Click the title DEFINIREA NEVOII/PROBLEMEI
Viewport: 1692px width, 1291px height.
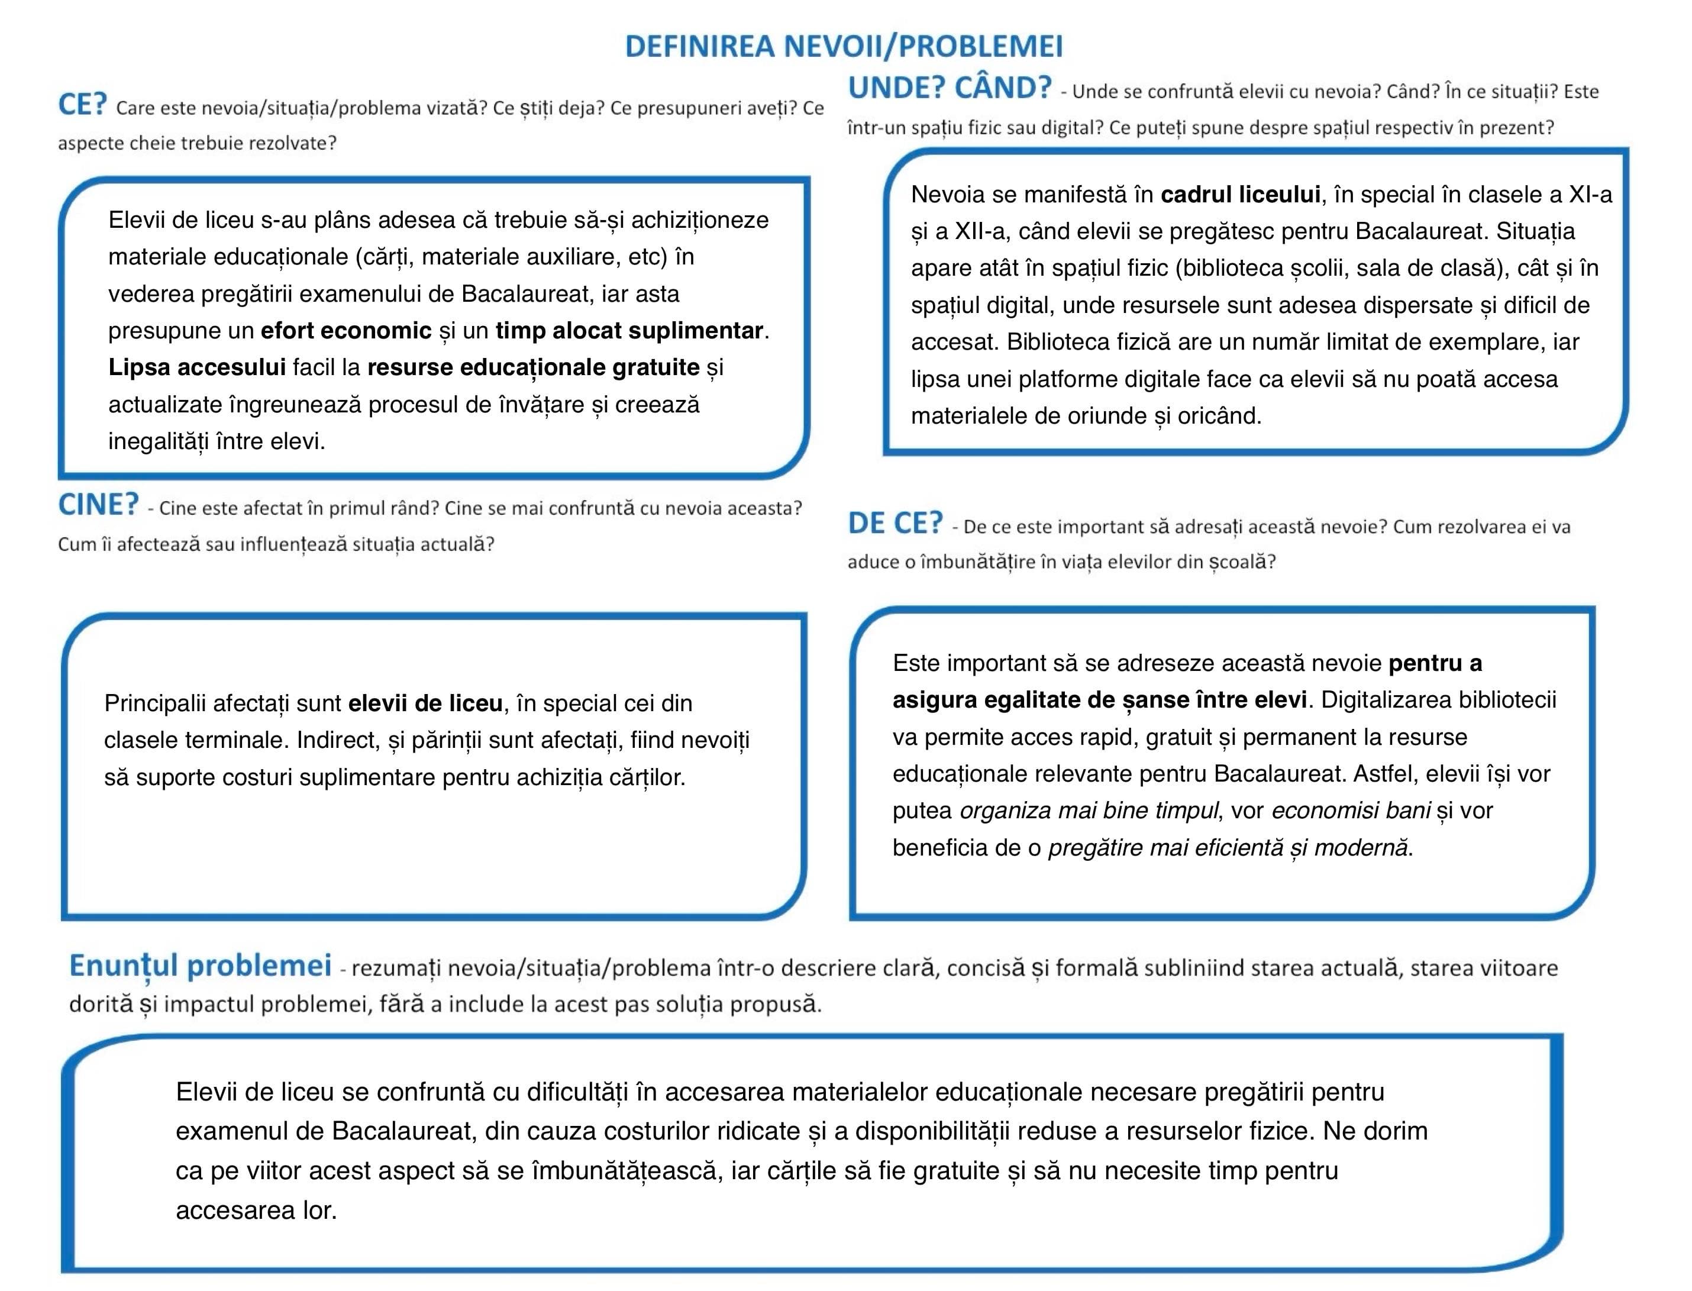[x=843, y=46]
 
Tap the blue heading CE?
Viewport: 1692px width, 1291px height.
[x=82, y=105]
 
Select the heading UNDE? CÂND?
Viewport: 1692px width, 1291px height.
[x=949, y=88]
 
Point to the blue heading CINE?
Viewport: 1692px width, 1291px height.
[x=98, y=505]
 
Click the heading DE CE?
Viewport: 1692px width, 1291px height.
[x=895, y=523]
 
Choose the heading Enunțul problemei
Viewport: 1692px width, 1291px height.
[x=200, y=965]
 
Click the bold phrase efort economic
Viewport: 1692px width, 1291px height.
[x=345, y=330]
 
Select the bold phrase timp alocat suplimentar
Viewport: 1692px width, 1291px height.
[x=628, y=330]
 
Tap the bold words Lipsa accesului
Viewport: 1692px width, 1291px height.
[x=196, y=367]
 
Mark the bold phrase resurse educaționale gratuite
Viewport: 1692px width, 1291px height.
[x=533, y=367]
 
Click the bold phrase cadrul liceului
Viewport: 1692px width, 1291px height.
[x=1239, y=195]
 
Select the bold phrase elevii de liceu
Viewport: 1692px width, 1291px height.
[x=425, y=703]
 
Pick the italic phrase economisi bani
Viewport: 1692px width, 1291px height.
[x=1351, y=811]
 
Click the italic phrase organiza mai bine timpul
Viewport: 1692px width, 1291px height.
[x=1089, y=811]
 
